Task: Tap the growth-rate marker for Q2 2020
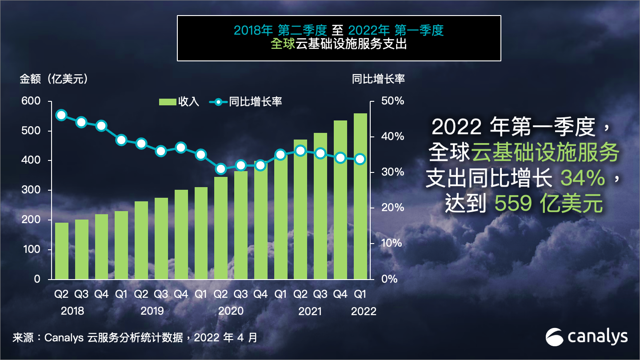pos(220,168)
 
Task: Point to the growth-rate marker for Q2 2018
pos(61,115)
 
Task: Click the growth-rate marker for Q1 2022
pos(360,159)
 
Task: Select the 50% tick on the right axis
pos(393,101)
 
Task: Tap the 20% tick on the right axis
pos(393,208)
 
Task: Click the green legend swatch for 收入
pos(168,102)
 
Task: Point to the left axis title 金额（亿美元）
pos(53,79)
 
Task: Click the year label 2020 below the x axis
pos(231,311)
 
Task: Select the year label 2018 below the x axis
pos(72,311)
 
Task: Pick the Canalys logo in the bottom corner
pos(587,337)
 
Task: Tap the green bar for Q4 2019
pos(181,234)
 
